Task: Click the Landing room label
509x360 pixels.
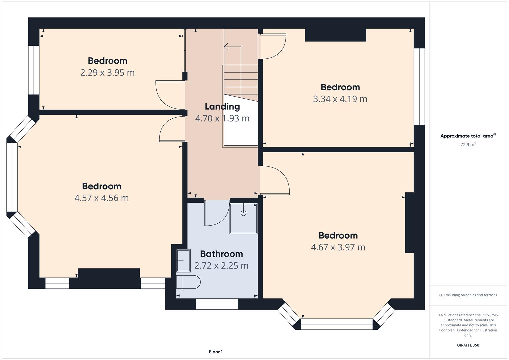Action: [222, 107]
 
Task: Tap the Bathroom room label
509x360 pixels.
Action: [222, 254]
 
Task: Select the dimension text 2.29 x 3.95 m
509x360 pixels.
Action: [107, 73]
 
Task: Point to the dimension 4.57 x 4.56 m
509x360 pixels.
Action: [102, 198]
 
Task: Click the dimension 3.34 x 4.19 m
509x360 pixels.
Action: [340, 99]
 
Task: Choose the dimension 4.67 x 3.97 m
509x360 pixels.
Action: [338, 247]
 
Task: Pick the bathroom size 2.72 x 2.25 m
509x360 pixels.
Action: [221, 266]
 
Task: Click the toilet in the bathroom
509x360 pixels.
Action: [188, 282]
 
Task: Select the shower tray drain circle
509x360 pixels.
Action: [243, 213]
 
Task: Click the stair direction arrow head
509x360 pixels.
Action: [226, 47]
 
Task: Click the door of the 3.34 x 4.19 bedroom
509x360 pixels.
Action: [272, 47]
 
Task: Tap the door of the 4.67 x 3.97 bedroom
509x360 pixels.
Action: [275, 180]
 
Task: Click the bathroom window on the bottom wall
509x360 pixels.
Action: [217, 304]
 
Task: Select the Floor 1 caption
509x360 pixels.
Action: [216, 352]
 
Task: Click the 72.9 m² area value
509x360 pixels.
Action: [468, 144]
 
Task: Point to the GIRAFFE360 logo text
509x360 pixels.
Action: [468, 345]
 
